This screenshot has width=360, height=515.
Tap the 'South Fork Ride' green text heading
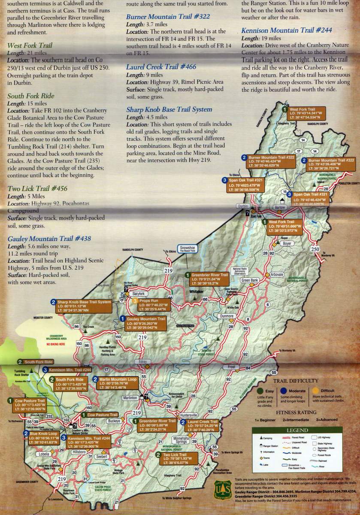[x=31, y=96]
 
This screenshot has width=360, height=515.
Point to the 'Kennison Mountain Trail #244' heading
[x=286, y=30]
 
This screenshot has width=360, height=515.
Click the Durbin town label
[x=243, y=206]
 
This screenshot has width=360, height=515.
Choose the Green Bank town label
[x=250, y=280]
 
